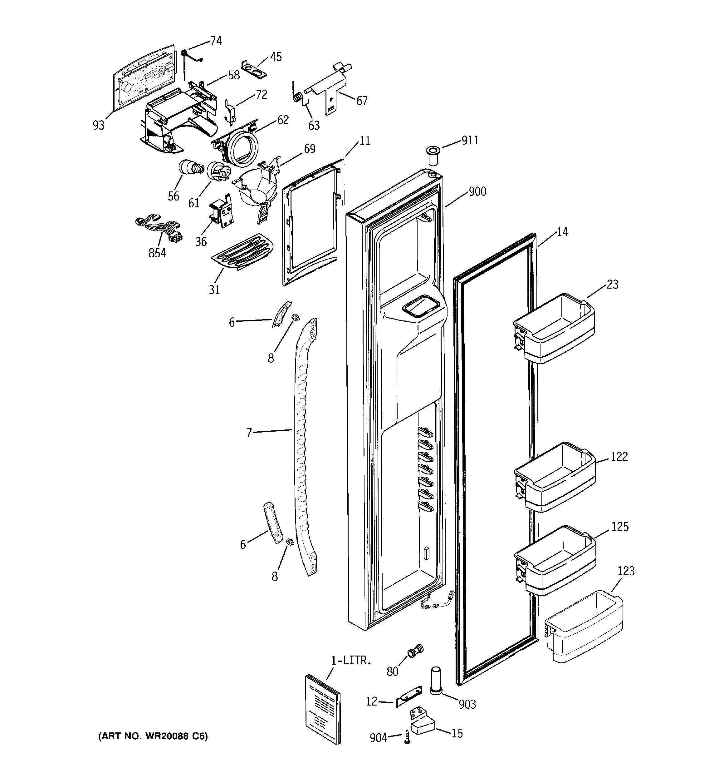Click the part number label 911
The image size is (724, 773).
click(x=470, y=140)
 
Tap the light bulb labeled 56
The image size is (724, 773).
click(x=190, y=168)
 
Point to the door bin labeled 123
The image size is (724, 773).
click(x=583, y=627)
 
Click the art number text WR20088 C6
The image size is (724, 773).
click(x=153, y=736)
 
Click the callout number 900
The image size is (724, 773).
click(x=477, y=191)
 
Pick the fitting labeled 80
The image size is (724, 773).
click(x=414, y=651)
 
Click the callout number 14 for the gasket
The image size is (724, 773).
click(x=562, y=232)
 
